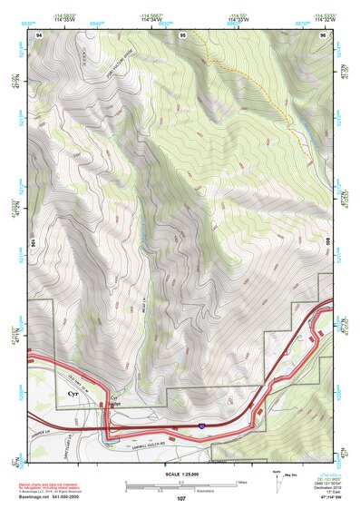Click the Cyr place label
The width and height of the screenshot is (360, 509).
72,396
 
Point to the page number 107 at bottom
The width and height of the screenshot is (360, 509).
180,498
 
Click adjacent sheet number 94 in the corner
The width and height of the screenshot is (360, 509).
38,34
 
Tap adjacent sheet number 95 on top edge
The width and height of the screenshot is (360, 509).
182,34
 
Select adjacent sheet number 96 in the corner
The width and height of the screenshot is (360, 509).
324,34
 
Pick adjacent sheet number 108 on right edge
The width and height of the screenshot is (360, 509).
326,243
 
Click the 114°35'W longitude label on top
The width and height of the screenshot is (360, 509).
64,18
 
